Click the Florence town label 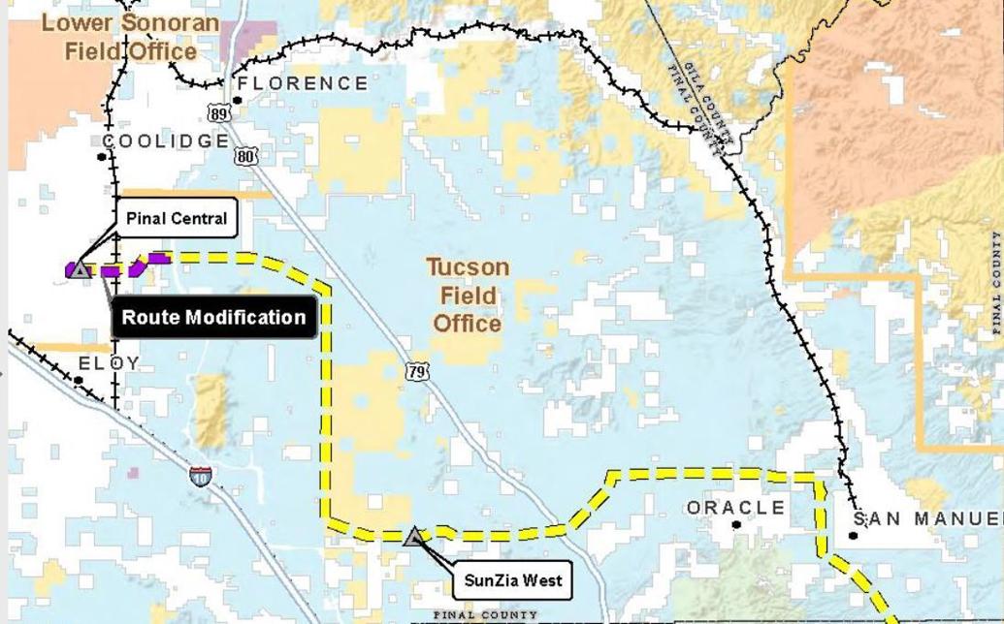pos(303,83)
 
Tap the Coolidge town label pos(166,141)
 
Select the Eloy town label pos(109,363)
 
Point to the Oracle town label pos(736,508)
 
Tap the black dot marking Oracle pos(737,525)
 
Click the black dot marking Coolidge pos(104,155)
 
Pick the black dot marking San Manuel pos(854,535)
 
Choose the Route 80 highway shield pos(246,156)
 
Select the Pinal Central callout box pos(177,218)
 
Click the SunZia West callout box pos(513,581)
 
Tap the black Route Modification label pos(213,318)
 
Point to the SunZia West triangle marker pos(414,536)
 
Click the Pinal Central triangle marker pos(81,269)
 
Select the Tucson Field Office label pos(468,295)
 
